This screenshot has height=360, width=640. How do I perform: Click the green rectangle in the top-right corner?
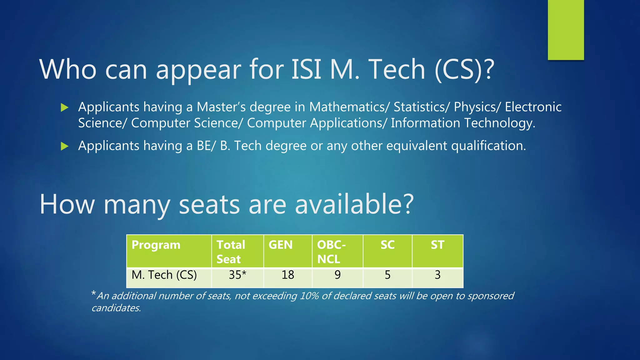566,30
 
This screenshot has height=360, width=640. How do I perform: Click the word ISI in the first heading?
306,69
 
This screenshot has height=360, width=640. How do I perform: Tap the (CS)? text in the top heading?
464,69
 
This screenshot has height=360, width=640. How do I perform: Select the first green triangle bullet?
64,108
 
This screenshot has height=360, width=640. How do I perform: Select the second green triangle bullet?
64,146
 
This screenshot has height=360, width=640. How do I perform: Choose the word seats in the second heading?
209,204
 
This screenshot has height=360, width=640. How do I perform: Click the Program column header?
156,245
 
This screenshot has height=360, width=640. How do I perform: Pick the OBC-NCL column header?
331,252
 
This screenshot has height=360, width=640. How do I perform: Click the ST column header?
437,245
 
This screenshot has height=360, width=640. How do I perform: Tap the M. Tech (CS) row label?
164,275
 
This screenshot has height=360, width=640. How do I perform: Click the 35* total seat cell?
237,275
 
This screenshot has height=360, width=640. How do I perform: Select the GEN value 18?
287,275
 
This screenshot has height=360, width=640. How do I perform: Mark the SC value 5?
387,275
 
